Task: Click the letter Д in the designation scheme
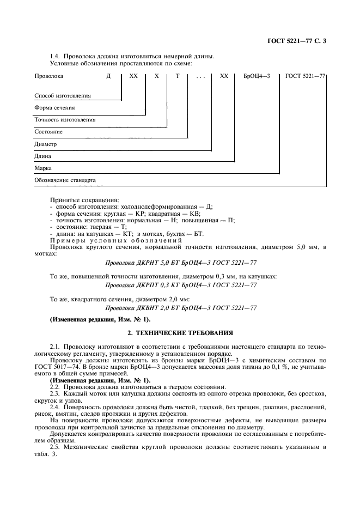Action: pyautogui.click(x=109, y=77)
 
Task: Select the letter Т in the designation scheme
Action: pyautogui.click(x=177, y=77)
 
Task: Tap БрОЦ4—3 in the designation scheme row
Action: pyautogui.click(x=257, y=77)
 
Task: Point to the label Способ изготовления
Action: pyautogui.click(x=63, y=95)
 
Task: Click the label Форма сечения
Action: pyautogui.click(x=54, y=107)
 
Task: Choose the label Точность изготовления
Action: pyautogui.click(x=65, y=119)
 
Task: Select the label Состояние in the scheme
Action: pyautogui.click(x=48, y=131)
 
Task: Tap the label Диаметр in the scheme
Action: pyautogui.click(x=46, y=144)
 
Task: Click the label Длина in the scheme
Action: pyautogui.click(x=43, y=156)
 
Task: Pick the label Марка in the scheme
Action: pyautogui.click(x=43, y=168)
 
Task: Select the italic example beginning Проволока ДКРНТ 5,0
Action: pyautogui.click(x=180, y=262)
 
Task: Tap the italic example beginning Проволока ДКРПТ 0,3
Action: pyautogui.click(x=180, y=284)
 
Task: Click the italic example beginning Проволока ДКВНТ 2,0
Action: pyautogui.click(x=180, y=307)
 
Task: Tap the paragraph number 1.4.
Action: pyautogui.click(x=55, y=56)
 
